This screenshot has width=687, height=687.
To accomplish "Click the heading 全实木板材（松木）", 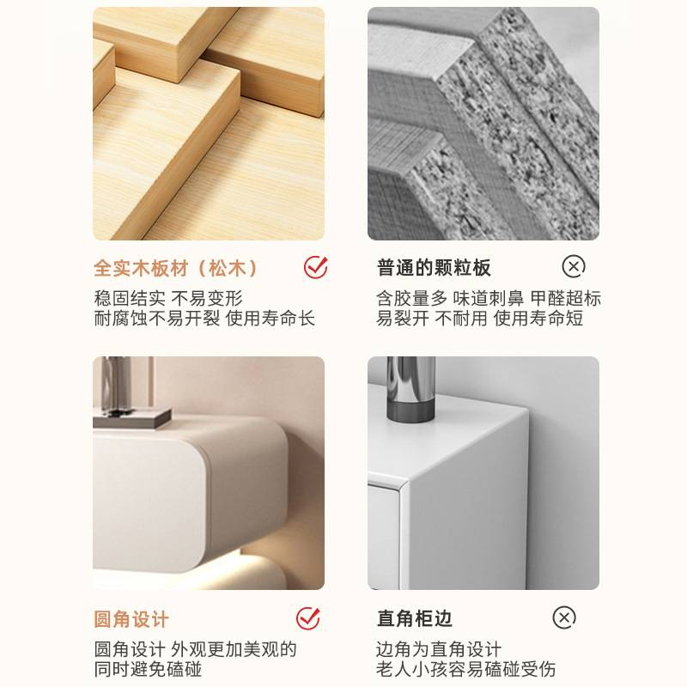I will click(176, 268).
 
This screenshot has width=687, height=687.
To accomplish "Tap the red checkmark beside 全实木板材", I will click(315, 267).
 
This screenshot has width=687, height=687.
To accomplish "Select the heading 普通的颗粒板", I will click(434, 268).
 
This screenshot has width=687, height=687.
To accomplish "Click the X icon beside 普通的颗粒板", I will click(574, 266).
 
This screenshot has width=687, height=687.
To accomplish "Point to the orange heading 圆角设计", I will click(131, 619).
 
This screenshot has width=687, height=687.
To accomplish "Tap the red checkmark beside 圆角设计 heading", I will click(307, 617).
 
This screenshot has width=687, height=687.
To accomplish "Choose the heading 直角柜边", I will click(414, 618).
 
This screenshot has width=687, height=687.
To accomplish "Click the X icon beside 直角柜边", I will click(564, 617).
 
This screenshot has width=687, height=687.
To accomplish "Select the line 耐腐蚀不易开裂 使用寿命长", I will click(204, 319).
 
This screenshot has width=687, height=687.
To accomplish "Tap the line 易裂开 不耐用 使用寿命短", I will click(479, 319).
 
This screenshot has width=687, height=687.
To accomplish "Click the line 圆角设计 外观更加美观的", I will click(195, 649).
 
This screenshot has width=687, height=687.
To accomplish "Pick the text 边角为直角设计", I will click(438, 649).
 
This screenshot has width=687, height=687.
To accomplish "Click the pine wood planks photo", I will click(209, 124).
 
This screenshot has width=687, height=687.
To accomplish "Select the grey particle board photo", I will click(483, 124).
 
